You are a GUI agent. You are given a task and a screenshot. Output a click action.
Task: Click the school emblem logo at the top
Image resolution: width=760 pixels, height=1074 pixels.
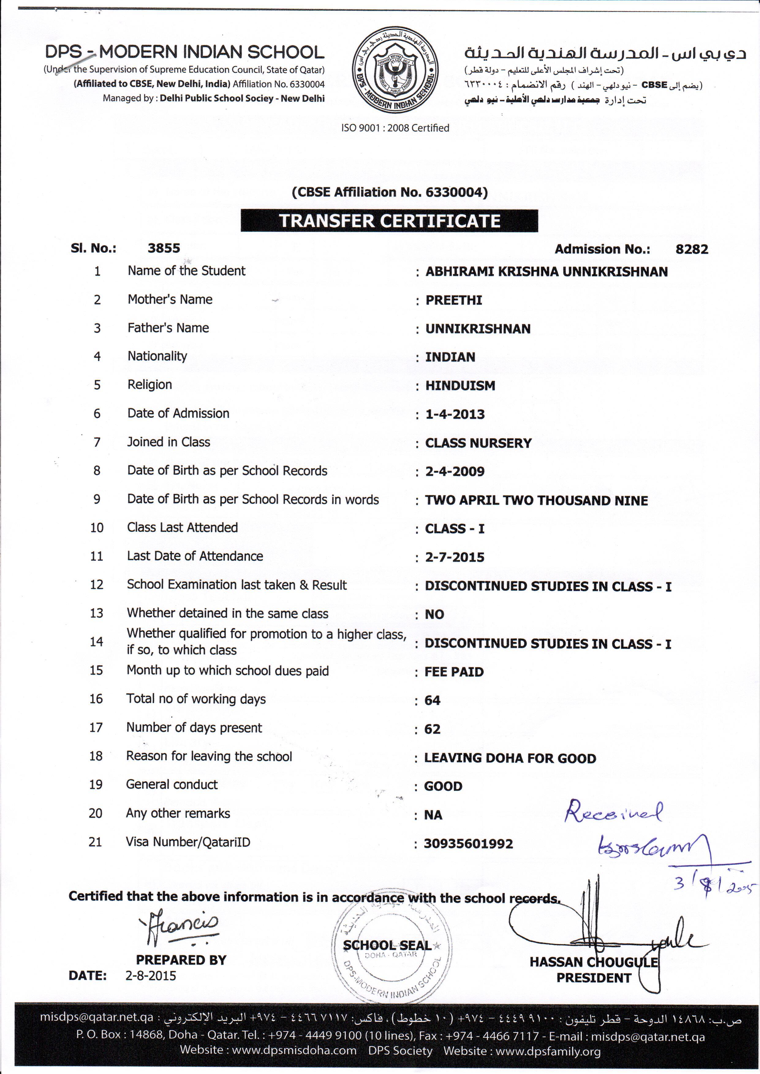pos(395,71)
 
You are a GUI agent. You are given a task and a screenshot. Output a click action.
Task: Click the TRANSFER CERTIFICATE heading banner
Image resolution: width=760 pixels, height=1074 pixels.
pos(389,221)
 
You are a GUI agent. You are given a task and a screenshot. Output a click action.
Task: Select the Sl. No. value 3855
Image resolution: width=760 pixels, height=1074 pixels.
pos(164,248)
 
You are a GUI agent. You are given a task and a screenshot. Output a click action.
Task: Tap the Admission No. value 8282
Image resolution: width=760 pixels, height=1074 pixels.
pos(692,249)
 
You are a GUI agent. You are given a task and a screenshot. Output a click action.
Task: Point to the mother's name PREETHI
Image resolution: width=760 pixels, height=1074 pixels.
pos(453,300)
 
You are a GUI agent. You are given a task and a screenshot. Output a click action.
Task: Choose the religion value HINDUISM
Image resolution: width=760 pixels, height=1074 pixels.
pos(460,386)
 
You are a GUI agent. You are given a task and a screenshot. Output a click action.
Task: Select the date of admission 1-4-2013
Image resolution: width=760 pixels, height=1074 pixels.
pos(455,414)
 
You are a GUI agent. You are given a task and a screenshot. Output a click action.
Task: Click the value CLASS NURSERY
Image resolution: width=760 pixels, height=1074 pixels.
pos(478,443)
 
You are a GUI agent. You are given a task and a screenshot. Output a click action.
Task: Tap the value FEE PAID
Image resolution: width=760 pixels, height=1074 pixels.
pos(454,672)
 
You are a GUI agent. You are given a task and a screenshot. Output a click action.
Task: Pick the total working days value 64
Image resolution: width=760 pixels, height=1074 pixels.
pos(433,701)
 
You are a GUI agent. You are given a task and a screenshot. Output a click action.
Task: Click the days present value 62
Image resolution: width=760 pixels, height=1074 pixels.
pos(433,729)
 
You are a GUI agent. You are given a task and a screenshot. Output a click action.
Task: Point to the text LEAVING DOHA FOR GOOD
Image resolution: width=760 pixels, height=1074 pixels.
pos(510,758)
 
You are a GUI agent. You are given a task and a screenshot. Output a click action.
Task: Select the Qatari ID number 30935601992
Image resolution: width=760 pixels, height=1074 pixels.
pos(468,844)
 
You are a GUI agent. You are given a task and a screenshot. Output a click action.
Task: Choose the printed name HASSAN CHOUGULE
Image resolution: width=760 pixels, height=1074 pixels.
pos(593,962)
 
